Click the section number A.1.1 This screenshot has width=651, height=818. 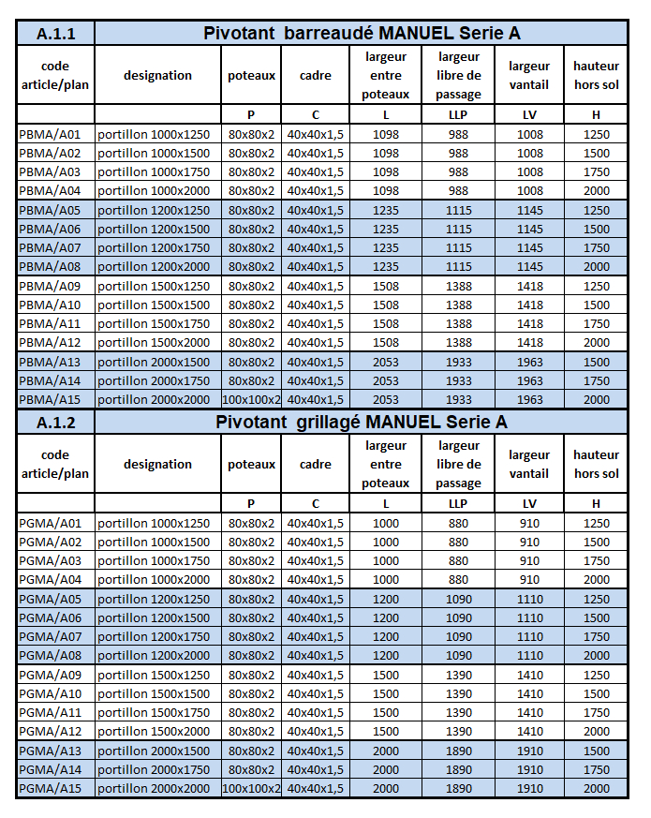(x=55, y=34)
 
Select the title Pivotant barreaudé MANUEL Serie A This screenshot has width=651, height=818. (x=362, y=34)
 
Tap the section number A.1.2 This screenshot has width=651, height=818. (x=55, y=423)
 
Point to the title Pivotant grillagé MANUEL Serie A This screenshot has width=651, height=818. (x=362, y=422)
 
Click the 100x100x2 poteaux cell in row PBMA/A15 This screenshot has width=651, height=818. (x=251, y=399)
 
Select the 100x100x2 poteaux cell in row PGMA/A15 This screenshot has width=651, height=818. (x=251, y=788)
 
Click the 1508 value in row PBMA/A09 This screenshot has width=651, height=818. (x=385, y=286)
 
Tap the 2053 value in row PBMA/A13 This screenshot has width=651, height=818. (x=385, y=362)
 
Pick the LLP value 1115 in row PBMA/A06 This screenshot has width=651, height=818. (x=458, y=229)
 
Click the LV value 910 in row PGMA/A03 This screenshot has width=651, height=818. (x=529, y=560)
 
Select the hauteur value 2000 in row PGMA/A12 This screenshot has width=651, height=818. (x=596, y=731)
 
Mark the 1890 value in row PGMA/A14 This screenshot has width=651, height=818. (x=458, y=769)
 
